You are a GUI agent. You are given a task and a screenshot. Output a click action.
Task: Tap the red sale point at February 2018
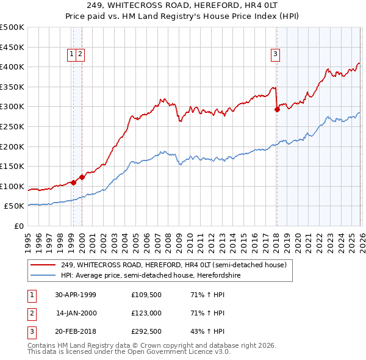coord(277,110)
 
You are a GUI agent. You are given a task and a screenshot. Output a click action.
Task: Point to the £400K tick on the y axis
coord(12,67)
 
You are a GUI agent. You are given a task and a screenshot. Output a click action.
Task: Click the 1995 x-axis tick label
coord(28,241)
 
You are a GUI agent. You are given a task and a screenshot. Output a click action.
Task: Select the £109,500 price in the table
coord(145,295)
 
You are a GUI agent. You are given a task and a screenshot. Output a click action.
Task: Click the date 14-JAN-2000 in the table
coord(76,314)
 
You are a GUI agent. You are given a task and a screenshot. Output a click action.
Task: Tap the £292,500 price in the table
coord(145,333)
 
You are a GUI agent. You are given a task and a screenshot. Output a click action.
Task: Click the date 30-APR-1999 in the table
coord(76,295)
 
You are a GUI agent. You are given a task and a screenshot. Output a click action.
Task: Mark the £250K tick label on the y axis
coord(12,127)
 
